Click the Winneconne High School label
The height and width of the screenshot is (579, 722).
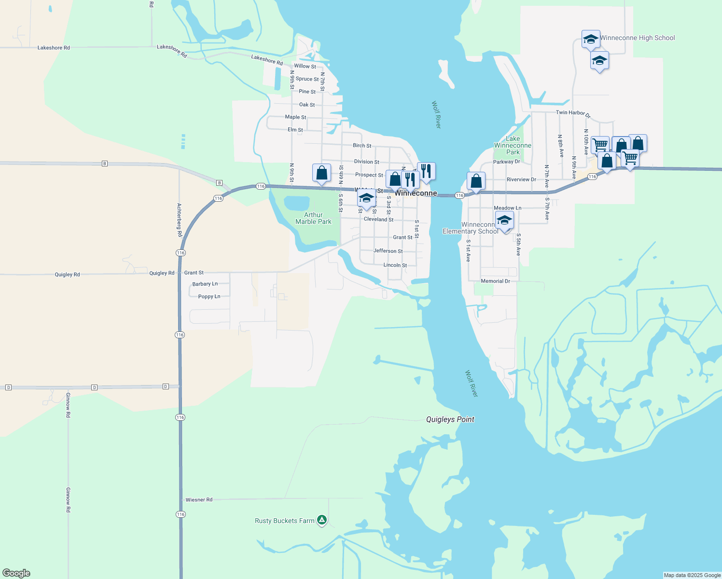[x=637, y=38]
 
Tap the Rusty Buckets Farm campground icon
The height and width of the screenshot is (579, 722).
[x=322, y=520]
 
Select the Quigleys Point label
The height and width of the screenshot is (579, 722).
[x=450, y=419]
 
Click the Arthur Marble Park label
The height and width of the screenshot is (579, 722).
[x=313, y=218]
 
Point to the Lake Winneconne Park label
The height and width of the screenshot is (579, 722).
[x=513, y=145]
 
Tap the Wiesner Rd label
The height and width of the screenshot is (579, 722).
[x=199, y=500]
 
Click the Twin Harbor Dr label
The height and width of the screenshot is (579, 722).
[x=573, y=113]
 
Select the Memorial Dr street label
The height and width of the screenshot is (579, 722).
[x=495, y=281]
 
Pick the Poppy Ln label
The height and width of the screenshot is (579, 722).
[x=209, y=296]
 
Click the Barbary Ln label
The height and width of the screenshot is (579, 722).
[x=205, y=284]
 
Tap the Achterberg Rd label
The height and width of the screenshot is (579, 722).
[x=179, y=220]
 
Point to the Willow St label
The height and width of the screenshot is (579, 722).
[x=305, y=66]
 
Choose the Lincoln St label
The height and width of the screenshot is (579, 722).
[x=395, y=265]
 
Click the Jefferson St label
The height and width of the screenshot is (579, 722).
[x=388, y=251]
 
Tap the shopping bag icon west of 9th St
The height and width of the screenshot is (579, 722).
[x=321, y=173]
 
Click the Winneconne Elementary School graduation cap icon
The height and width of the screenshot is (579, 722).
[x=504, y=221]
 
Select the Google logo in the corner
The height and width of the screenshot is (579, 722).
[x=16, y=573]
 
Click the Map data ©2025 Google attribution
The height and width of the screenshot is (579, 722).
[x=692, y=575]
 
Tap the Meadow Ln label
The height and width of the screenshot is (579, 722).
[x=507, y=208]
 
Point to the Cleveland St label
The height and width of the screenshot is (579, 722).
[x=378, y=219]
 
